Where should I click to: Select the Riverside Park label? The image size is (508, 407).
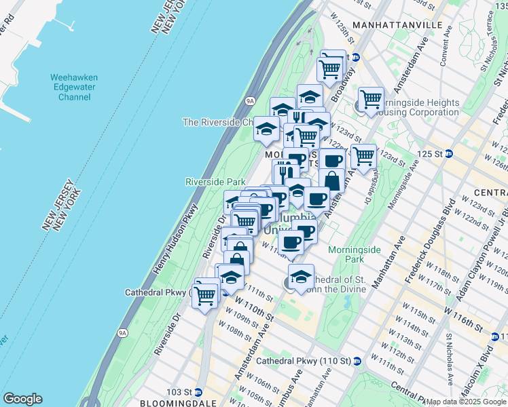pyautogui.click(x=215, y=182)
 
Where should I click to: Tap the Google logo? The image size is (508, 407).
pyautogui.click(x=22, y=399)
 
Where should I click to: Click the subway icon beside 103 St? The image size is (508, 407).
pyautogui.click(x=198, y=392)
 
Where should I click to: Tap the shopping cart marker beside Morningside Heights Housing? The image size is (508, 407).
pyautogui.click(x=371, y=99)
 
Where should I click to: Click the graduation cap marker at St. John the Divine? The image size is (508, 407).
pyautogui.click(x=302, y=276)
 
